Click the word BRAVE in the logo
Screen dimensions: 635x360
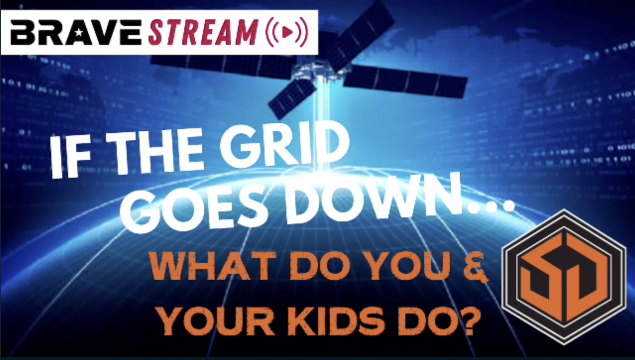pos(76,33)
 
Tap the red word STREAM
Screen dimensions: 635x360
pos(203,32)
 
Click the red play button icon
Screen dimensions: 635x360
pos(287,32)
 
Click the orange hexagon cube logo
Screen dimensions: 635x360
pos(564,277)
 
